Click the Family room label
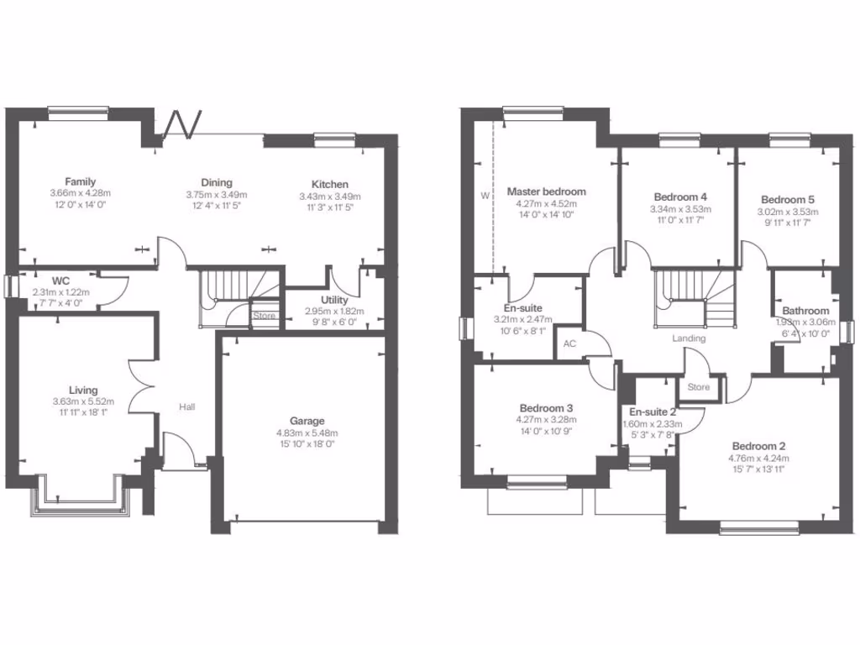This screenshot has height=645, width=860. coord(81,181)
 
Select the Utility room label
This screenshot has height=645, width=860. coord(334,300)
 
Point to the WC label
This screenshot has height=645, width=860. coord(60,280)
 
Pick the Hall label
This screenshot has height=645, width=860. coord(186,406)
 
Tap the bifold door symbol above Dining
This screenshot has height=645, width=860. coord(181,124)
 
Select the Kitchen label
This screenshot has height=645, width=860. coord(329,184)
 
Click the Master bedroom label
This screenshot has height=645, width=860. coord(546,191)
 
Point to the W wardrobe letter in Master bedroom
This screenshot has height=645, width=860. coord(484,195)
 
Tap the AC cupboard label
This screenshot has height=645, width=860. coord(569,343)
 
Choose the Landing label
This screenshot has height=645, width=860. coord(689,338)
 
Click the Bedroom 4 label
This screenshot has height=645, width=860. coord(680,197)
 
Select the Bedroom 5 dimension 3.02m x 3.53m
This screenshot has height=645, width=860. coord(788,212)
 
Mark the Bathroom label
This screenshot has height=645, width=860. coord(806,311)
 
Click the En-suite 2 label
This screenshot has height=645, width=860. coord(653,412)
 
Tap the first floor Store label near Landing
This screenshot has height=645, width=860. coord(698,387)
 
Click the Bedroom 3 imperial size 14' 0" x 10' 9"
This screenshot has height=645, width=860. coord(546,432)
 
